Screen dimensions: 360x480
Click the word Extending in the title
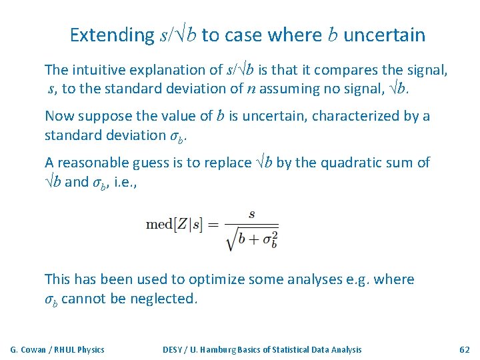[x=112, y=35]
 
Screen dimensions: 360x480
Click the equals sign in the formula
[x=215, y=225]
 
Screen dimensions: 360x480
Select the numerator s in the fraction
[x=251, y=215]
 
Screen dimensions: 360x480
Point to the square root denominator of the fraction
[x=252, y=238]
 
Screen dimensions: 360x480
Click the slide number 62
[x=465, y=349]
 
